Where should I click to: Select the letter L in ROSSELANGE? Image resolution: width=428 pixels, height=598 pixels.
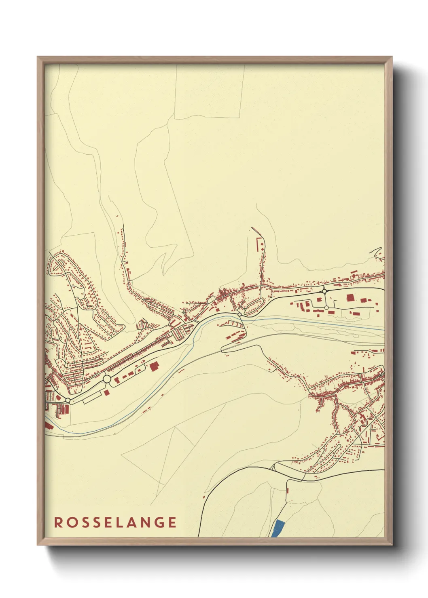click(x=120, y=522)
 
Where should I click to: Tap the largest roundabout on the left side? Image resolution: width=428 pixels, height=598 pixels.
click(x=107, y=379)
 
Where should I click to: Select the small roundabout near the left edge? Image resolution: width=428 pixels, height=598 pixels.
click(x=68, y=400)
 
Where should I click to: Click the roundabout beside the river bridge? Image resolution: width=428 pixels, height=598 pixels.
click(x=239, y=314)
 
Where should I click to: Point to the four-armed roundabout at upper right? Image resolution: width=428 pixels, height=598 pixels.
click(x=324, y=291)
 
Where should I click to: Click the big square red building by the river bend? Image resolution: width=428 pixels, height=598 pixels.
click(x=154, y=366)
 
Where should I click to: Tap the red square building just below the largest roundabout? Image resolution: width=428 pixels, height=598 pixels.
click(x=106, y=392)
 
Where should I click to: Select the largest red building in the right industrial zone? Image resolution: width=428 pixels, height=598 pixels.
click(x=350, y=298)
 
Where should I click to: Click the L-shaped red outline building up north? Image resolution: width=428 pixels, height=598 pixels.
click(x=258, y=242)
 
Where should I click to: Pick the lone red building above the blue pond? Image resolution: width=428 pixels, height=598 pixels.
click(x=287, y=491)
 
